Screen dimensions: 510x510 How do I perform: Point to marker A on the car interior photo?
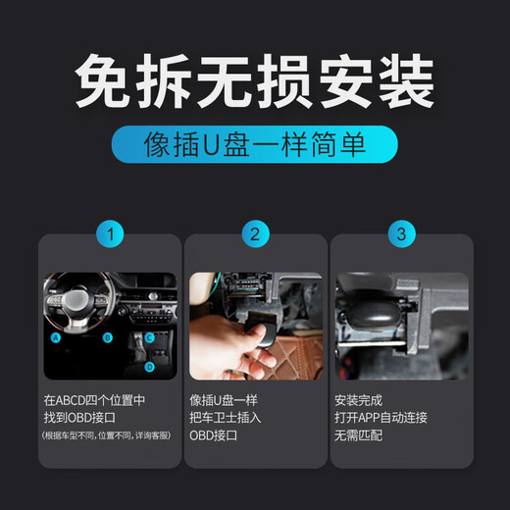click(x=57, y=335)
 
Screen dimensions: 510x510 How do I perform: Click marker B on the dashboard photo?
click(x=108, y=337)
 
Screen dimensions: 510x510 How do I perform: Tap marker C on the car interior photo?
click(x=149, y=336)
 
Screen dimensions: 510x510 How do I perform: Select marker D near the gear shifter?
click(x=149, y=366)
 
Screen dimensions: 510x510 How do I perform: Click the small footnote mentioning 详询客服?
click(x=107, y=435)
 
